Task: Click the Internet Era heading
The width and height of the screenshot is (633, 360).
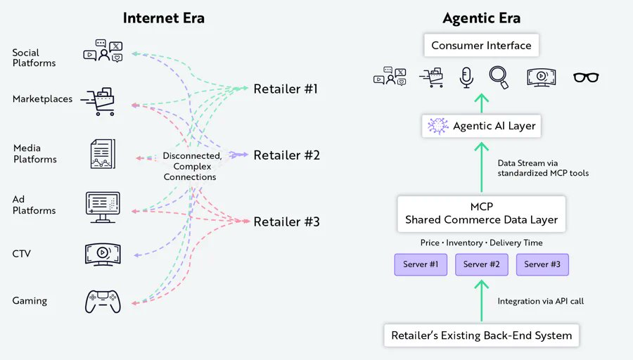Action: click(x=163, y=18)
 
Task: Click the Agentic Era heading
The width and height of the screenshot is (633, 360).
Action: click(x=481, y=18)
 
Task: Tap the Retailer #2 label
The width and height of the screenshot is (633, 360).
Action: click(x=286, y=155)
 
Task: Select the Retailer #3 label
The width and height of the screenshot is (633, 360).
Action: click(x=286, y=221)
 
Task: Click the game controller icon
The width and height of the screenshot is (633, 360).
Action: click(x=103, y=301)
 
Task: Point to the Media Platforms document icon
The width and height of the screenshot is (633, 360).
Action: click(x=103, y=153)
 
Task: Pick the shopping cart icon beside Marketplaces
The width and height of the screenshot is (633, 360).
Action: click(x=98, y=102)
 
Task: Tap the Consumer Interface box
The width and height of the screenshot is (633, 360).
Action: click(x=481, y=46)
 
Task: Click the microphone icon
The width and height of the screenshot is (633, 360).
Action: click(x=466, y=77)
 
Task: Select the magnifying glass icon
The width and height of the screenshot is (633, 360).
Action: click(x=499, y=77)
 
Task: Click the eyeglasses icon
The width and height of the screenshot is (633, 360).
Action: click(x=586, y=77)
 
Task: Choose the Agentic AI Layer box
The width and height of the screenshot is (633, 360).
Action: click(x=482, y=127)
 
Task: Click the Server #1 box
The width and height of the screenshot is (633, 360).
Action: click(x=421, y=264)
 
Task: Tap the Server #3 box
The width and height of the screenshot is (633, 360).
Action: click(x=542, y=264)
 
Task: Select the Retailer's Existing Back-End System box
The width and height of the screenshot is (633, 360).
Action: click(x=482, y=335)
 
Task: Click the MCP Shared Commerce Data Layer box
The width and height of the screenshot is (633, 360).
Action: click(x=482, y=213)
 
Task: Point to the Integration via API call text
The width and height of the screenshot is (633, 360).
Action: click(x=540, y=301)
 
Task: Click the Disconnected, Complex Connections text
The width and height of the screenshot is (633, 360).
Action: click(x=190, y=167)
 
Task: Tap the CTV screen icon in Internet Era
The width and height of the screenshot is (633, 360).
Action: click(x=103, y=253)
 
